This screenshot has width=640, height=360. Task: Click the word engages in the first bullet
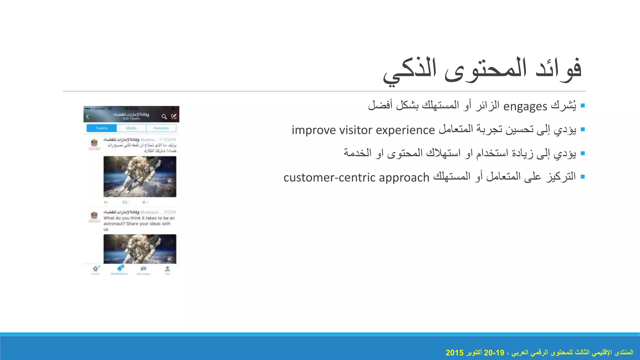point(525,107)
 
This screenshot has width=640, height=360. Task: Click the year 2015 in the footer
point(454,353)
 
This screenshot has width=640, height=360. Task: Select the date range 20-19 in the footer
point(494,353)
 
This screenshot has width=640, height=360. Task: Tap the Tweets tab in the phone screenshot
point(102,128)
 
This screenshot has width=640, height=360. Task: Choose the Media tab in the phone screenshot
point(131,128)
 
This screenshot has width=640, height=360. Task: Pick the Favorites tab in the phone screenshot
point(161,128)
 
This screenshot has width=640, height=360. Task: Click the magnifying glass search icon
point(164,117)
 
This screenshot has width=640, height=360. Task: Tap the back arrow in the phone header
point(88,117)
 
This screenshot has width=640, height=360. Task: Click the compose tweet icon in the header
point(174,117)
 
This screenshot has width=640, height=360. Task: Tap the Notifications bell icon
point(120,269)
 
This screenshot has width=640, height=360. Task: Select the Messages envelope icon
point(143,269)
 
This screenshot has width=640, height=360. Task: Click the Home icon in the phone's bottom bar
point(95,269)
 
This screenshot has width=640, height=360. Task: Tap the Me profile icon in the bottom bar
point(167,269)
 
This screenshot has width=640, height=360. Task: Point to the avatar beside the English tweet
point(94,216)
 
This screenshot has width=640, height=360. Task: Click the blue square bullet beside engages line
point(582,106)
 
